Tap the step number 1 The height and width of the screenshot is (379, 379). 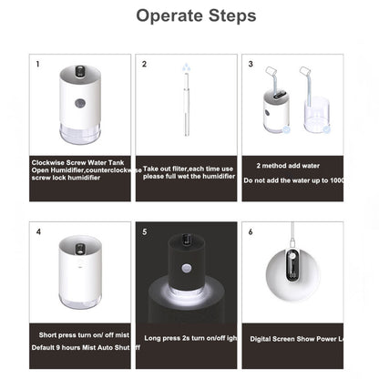click(37, 65)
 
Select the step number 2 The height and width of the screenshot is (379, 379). click(144, 65)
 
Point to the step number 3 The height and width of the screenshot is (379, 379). click(251, 65)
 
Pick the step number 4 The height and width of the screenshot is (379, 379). click(38, 231)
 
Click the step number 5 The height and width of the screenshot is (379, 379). click(144, 231)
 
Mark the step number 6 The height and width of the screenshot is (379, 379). click(251, 231)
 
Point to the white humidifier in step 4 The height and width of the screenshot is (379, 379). click(81, 271)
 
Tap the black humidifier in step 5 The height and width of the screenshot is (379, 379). click(187, 272)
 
